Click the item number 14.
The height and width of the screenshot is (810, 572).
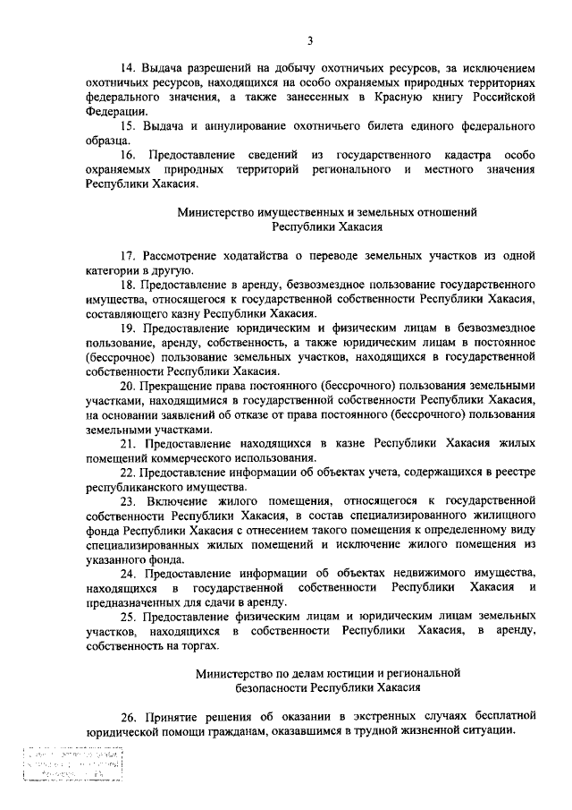[128, 68]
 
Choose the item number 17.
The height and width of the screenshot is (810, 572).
[128, 257]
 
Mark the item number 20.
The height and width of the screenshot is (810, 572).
[128, 387]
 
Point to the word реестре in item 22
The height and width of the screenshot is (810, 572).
[513, 473]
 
